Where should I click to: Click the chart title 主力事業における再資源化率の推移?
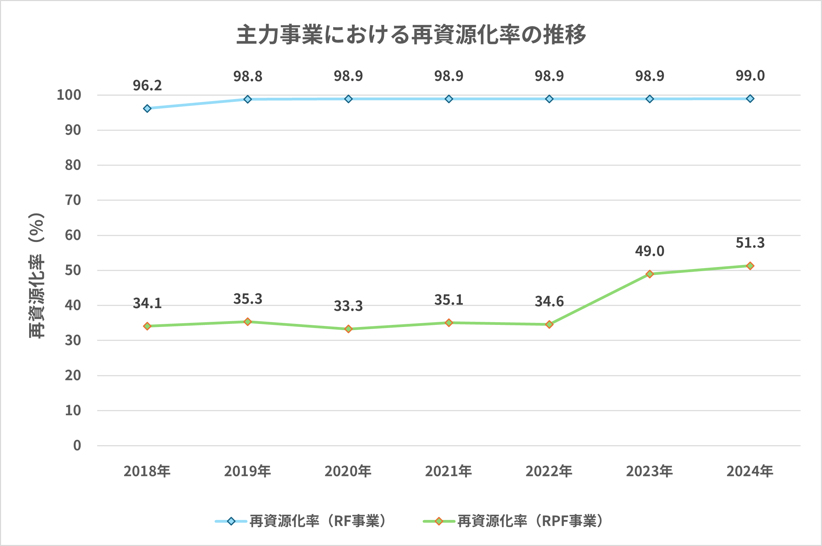411,35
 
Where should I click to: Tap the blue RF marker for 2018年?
147,109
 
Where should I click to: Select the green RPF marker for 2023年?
650,274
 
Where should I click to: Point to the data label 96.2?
147,86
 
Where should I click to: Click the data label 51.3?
750,243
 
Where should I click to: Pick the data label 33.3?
348,306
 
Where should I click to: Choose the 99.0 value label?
750,76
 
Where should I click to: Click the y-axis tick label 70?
73,200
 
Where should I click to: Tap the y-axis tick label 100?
69,95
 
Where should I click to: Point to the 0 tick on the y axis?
77,446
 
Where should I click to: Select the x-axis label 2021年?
448,471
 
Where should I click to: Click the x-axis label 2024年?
750,471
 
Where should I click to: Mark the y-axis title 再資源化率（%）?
37,276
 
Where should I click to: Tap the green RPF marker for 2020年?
349,329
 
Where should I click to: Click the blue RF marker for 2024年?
750,99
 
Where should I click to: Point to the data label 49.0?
650,251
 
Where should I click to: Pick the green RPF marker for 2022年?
549,325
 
